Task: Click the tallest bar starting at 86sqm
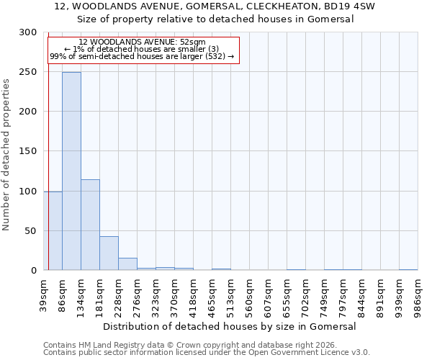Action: (71, 171)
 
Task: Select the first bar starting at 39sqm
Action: (53, 230)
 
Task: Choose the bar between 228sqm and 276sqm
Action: (127, 264)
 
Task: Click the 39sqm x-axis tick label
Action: (43, 294)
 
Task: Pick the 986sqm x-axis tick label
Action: (418, 294)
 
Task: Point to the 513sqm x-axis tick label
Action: (230, 294)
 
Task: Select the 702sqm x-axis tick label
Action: (305, 294)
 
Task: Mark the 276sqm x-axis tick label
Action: (137, 294)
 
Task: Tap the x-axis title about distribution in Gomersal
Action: (230, 326)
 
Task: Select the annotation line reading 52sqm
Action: (142, 42)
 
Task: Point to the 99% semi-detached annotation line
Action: (142, 56)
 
